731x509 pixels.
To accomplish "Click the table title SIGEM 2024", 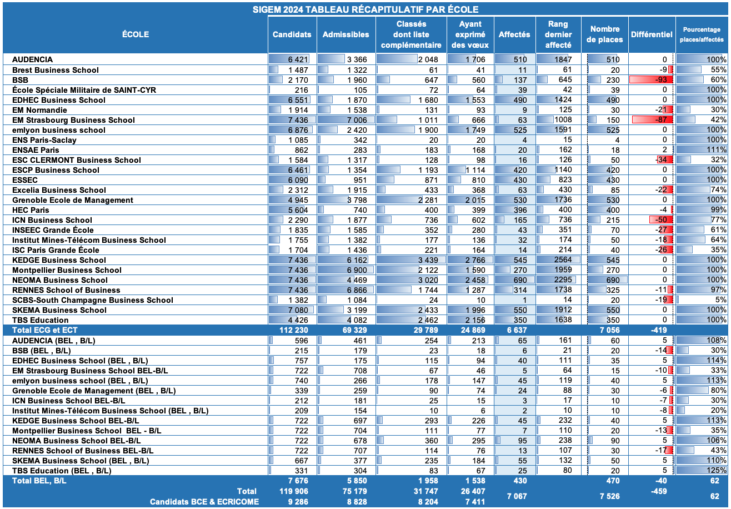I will [365, 9].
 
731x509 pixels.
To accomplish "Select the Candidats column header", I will [292, 34].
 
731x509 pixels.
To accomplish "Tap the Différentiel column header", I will [651, 34].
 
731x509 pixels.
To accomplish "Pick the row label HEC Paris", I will [31, 210].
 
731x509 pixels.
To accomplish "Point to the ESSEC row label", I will [25, 180].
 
